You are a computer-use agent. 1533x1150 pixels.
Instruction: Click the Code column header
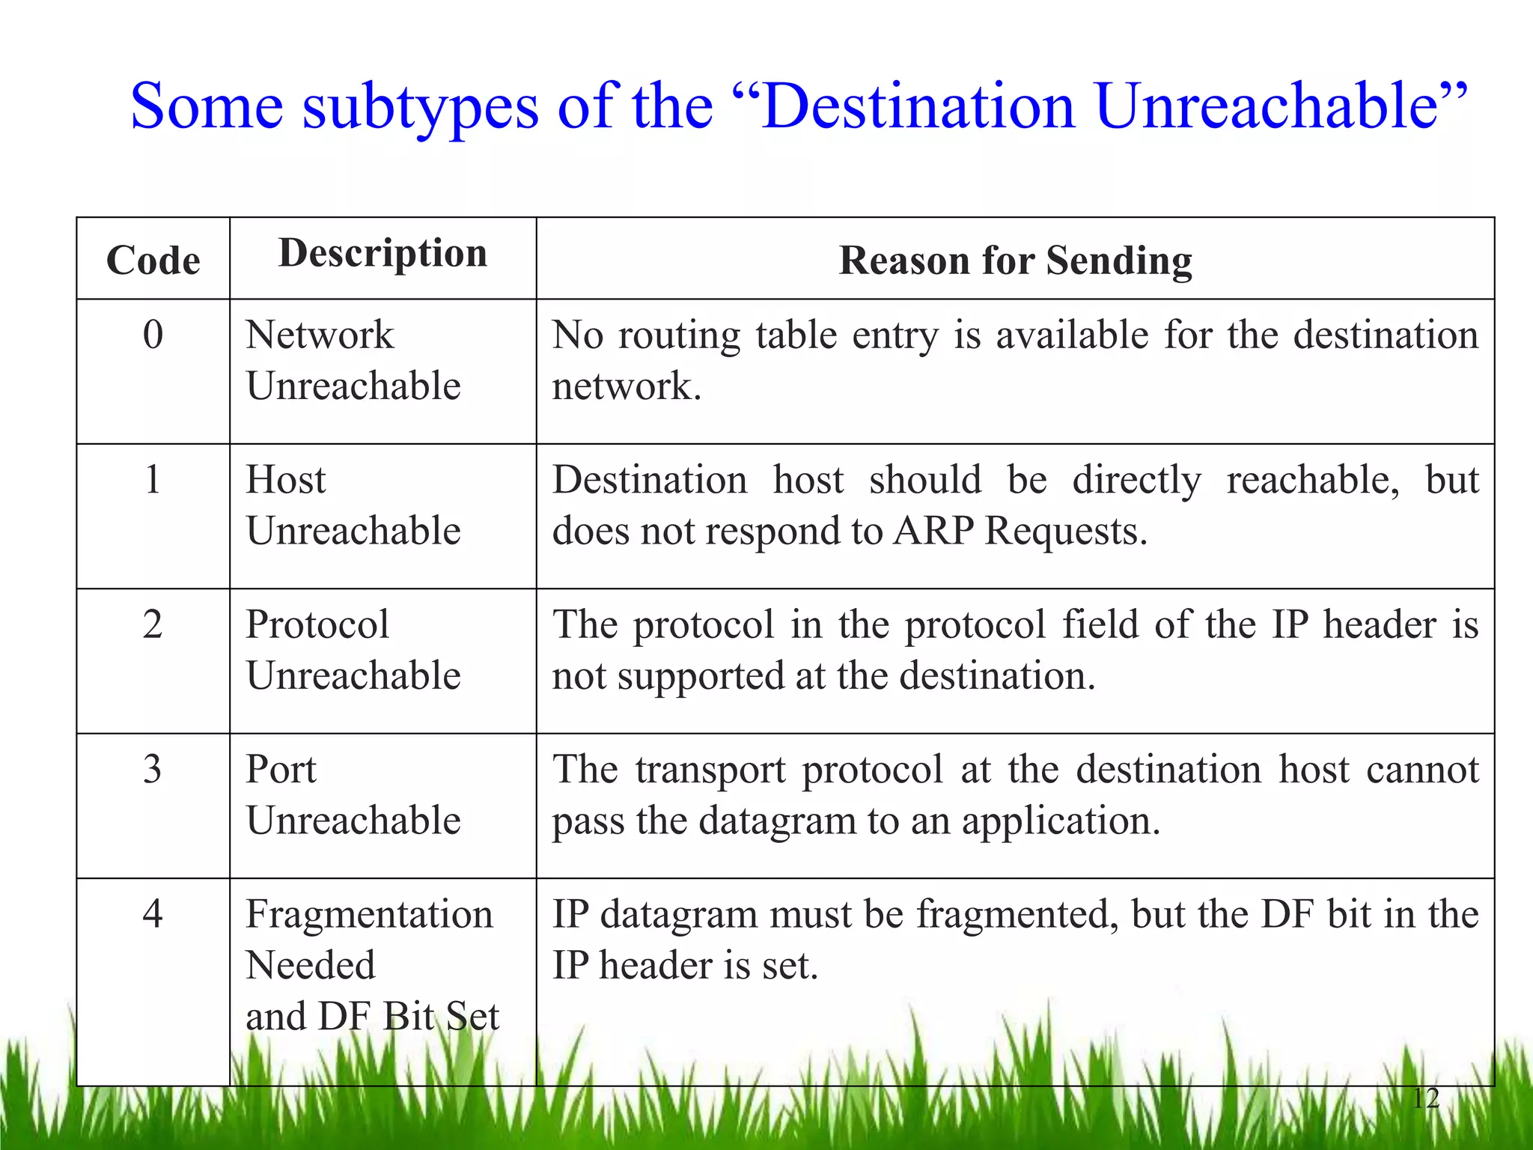(x=153, y=261)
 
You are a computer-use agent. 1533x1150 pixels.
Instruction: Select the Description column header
(x=383, y=253)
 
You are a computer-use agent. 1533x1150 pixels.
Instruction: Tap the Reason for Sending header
(x=1015, y=261)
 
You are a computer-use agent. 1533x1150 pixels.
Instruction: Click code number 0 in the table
(x=153, y=334)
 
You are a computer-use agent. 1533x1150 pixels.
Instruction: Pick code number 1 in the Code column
(x=153, y=479)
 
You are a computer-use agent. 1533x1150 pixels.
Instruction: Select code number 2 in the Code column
(x=153, y=624)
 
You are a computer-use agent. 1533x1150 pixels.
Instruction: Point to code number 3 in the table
(x=153, y=769)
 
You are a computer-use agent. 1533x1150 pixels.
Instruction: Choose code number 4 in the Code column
(x=153, y=913)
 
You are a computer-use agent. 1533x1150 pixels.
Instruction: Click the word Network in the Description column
(x=320, y=334)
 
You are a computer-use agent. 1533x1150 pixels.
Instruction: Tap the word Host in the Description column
(x=286, y=479)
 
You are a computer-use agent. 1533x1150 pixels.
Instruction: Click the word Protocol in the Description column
(x=317, y=624)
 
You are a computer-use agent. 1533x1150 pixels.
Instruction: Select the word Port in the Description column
(x=281, y=769)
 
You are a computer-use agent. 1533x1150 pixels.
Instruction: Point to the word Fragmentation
(x=370, y=914)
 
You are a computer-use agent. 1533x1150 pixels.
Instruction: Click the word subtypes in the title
(x=421, y=106)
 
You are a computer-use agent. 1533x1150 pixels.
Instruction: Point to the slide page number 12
(x=1426, y=1098)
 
